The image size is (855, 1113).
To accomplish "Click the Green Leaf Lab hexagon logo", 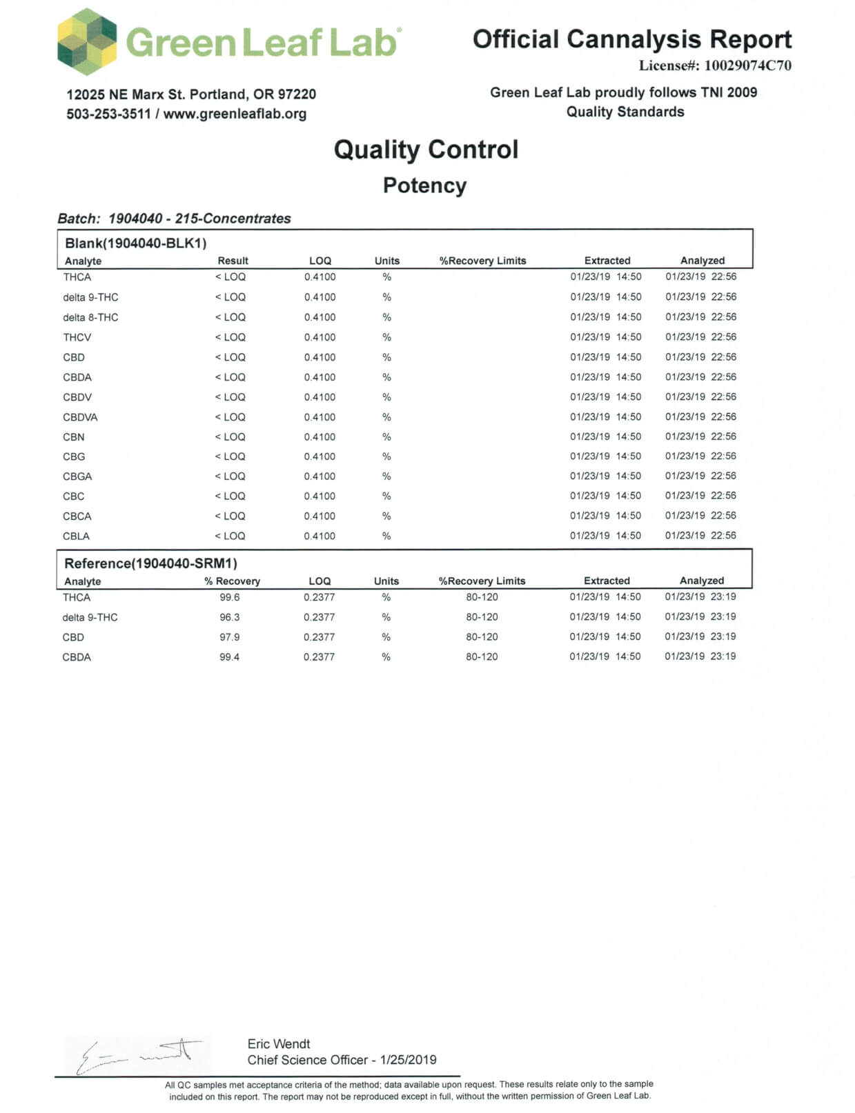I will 87,41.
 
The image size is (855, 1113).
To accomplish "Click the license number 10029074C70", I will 747,66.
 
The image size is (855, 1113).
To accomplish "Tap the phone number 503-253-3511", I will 108,114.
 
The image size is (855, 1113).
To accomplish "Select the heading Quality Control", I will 426,150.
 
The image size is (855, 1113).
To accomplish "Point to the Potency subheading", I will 424,186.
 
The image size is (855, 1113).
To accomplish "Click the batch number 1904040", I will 135,219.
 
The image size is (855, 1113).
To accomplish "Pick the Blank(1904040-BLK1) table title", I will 135,243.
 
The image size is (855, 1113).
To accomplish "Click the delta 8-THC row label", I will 90,317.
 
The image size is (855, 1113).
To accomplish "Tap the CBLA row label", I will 76,536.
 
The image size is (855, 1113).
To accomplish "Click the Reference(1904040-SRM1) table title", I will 150,563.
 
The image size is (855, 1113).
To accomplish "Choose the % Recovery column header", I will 232,581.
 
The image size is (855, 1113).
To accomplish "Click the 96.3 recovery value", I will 230,617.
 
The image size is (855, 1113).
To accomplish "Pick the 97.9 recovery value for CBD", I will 230,637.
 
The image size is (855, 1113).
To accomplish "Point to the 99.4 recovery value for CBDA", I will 230,657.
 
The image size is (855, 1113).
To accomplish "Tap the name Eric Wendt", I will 279,1044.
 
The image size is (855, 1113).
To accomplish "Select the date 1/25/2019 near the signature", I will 408,1060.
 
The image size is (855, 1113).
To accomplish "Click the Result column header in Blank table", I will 233,261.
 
